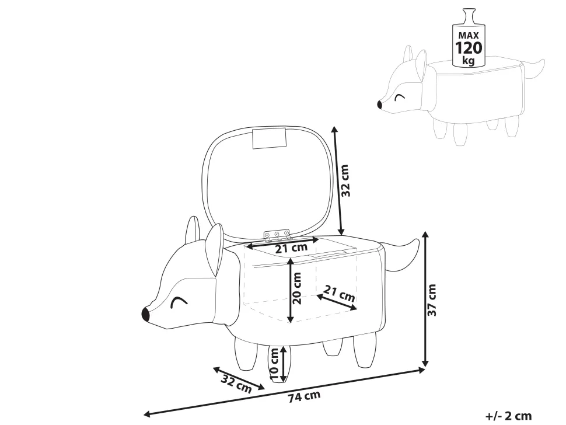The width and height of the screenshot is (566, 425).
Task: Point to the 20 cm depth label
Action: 296,290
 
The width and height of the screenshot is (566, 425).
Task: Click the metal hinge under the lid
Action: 277,235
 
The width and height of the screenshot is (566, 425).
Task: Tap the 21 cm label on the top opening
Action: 291,248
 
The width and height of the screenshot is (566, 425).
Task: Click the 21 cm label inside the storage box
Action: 339,293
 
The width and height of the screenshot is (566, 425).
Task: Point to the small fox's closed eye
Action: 400,96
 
